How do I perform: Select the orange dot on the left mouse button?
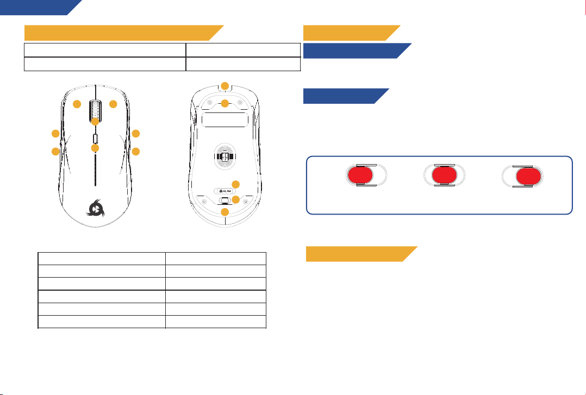[78, 104]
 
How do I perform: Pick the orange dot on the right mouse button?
[113, 104]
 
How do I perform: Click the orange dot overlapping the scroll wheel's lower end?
[95, 122]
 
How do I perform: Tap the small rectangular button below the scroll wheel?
[95, 135]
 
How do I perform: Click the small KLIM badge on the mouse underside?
[223, 191]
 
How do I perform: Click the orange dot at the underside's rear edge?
[225, 212]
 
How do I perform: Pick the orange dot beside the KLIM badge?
[236, 184]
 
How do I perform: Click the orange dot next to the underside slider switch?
[236, 200]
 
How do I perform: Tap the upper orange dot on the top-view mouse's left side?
[55, 134]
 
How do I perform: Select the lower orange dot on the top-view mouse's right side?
[136, 151]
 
